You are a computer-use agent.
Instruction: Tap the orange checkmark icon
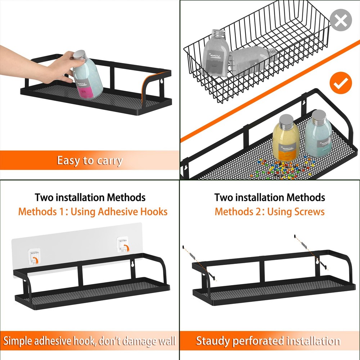coord(340,84)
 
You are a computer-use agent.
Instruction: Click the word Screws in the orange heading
coord(309,211)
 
